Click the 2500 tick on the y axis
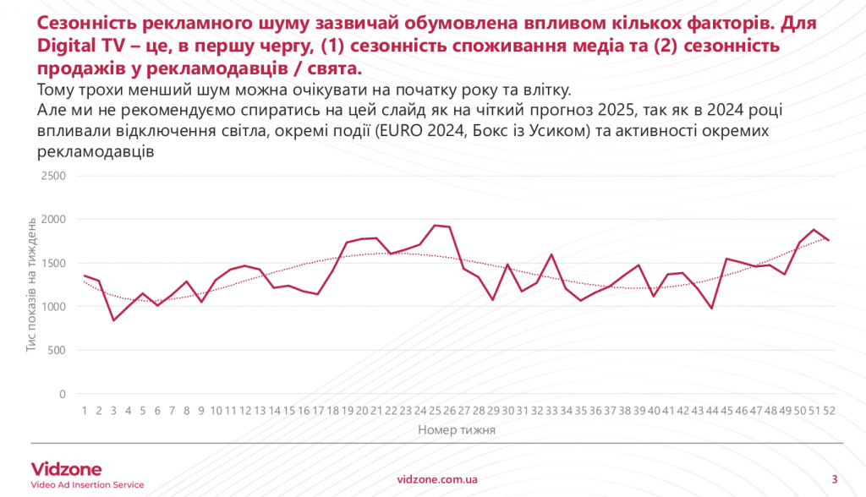(53, 176)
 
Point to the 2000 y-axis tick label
(53, 220)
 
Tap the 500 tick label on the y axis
(57, 350)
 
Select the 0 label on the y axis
(62, 394)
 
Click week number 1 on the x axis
(85, 411)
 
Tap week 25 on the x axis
(436, 411)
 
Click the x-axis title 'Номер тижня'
(457, 430)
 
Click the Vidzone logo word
(66, 469)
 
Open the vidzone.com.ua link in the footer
(437, 478)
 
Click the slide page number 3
(835, 478)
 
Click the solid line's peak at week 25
(436, 226)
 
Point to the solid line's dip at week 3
(114, 320)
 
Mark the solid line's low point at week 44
(712, 308)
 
